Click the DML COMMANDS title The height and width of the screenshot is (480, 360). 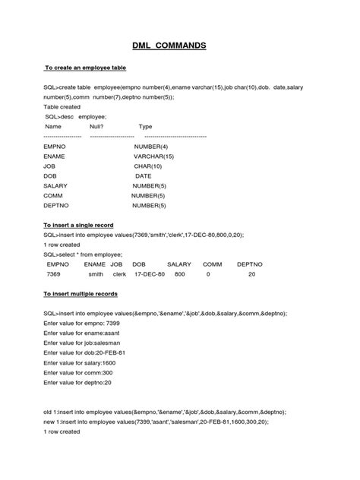[x=180, y=45]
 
